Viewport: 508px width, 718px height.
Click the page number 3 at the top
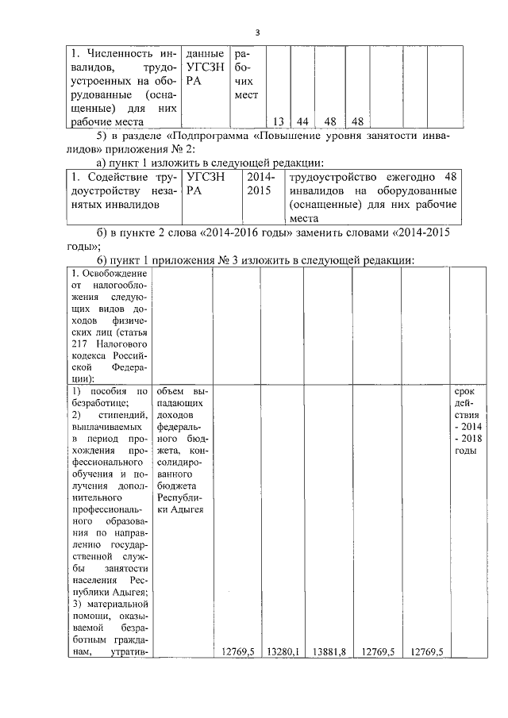(257, 33)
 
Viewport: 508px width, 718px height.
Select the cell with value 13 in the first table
(278, 121)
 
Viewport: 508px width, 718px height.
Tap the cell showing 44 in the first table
(302, 121)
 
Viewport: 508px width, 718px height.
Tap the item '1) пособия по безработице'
(109, 397)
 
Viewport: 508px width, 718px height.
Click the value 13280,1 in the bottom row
(279, 651)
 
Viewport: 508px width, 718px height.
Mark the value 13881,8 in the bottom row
(328, 651)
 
